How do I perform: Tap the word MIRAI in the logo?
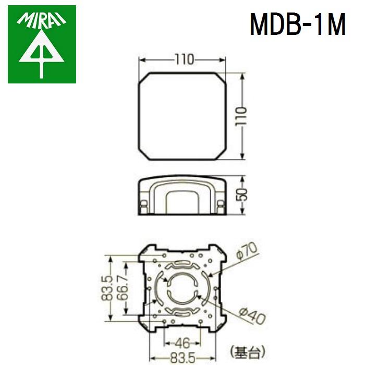pyautogui.click(x=42, y=20)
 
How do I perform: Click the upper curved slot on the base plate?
pyautogui.click(x=182, y=263)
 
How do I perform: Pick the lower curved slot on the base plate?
pyautogui.click(x=182, y=312)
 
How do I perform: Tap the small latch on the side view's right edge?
pyautogui.click(x=221, y=204)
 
